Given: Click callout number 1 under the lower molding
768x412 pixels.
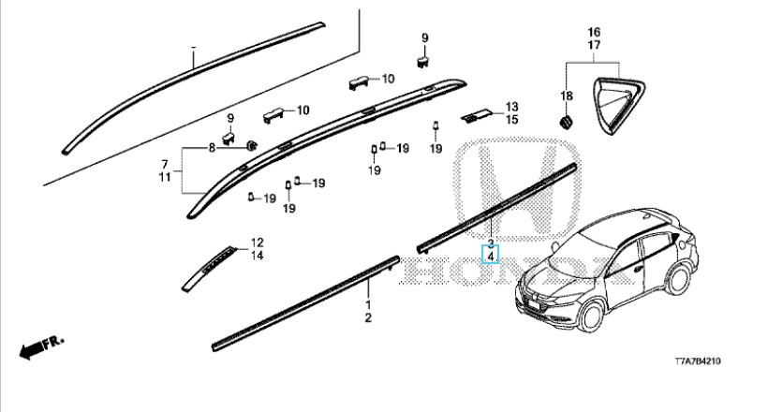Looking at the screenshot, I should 368,306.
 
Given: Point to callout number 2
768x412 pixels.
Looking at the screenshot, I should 368,319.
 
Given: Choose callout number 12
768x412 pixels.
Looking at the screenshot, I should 257,243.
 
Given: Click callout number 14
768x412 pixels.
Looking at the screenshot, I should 257,256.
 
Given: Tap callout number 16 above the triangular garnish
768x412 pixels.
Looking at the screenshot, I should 594,33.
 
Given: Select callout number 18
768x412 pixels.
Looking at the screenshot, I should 566,96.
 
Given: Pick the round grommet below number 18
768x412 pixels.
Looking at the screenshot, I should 567,123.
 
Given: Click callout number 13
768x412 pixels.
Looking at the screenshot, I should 511,107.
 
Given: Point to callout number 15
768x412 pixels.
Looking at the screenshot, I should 511,120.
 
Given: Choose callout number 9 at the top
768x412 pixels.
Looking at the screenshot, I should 423,37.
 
